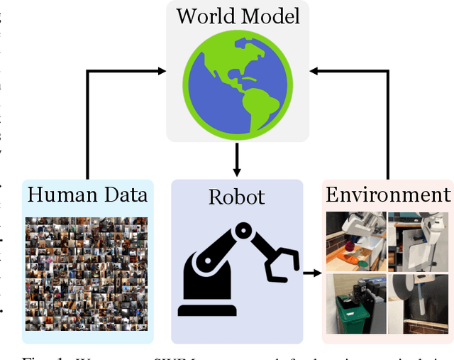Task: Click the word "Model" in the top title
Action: [272, 16]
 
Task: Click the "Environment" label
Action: [387, 195]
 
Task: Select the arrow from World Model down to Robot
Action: [238, 158]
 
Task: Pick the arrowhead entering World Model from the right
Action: [314, 70]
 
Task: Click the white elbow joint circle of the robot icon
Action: [243, 230]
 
